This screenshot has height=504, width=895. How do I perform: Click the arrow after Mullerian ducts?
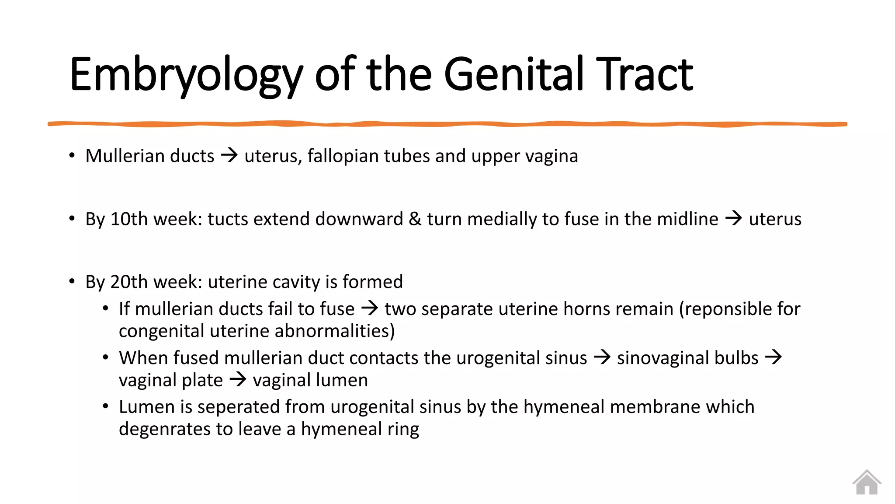tap(229, 155)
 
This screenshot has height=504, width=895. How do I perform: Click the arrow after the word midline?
tap(733, 218)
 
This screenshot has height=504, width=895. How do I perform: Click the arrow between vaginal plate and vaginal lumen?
tap(238, 379)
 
